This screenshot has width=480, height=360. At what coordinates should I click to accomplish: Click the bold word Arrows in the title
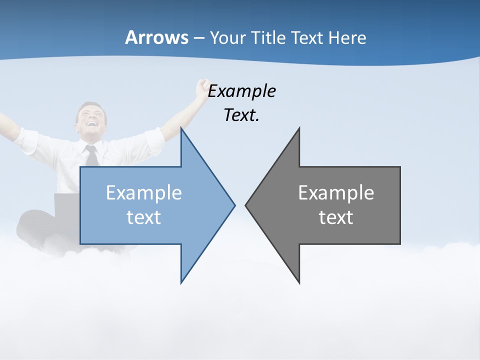click(156, 37)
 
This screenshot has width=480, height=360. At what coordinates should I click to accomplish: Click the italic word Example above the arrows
click(241, 91)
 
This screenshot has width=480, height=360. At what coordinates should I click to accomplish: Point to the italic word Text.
click(241, 115)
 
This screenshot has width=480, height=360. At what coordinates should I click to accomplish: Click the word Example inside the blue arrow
click(144, 192)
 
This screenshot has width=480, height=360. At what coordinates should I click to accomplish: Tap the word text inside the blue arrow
click(144, 217)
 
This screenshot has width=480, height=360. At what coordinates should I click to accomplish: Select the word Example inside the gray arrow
click(336, 192)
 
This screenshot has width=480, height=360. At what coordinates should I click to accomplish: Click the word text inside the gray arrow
click(336, 217)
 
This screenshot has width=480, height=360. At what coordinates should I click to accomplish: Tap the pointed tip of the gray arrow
click(246, 204)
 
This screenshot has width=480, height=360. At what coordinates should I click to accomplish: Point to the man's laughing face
click(91, 120)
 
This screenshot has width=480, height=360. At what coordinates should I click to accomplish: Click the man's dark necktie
click(92, 156)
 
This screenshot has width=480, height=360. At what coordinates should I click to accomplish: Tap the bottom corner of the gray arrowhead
click(299, 282)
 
